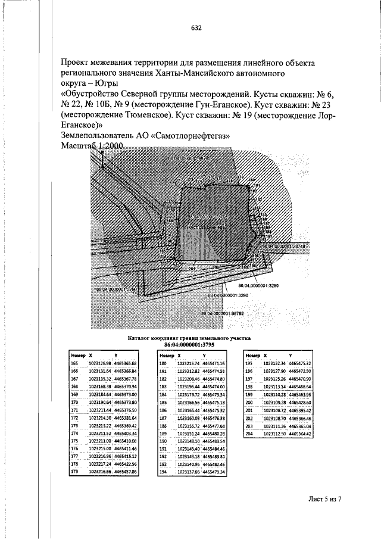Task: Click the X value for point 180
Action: [x=188, y=363]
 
